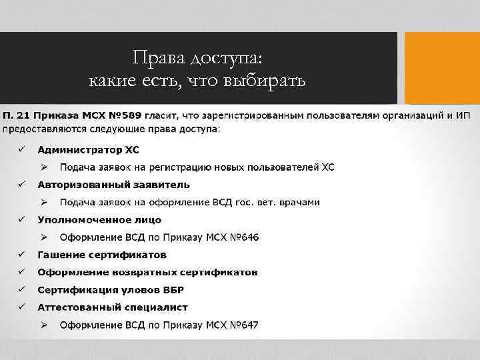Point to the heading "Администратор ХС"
pos(88,149)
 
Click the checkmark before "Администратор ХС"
pos(21,149)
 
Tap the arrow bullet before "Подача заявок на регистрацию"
pos(43,167)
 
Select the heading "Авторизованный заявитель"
pos(113,185)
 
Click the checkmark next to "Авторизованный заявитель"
pos(21,184)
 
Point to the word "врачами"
pos(299,202)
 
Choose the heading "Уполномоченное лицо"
pos(99,219)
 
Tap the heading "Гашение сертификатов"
pos(102,255)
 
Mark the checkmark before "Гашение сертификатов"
pos(21,254)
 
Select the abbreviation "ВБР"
pos(171,290)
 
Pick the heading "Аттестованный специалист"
pos(113,307)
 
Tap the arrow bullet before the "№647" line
pos(43,325)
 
